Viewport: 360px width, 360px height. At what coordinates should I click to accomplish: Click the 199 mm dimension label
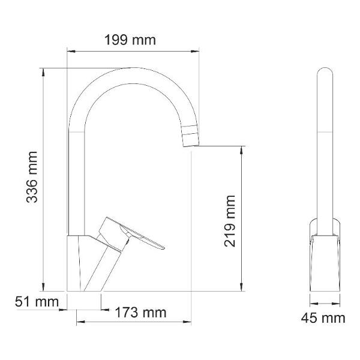pyautogui.click(x=130, y=40)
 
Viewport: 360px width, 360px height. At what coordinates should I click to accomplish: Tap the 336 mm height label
pyautogui.click(x=32, y=177)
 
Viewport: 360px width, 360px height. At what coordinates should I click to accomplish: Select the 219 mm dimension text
pyautogui.click(x=230, y=221)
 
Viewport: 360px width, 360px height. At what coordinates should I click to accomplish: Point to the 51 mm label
pyautogui.click(x=37, y=301)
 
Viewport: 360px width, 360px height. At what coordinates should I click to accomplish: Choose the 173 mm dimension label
pyautogui.click(x=140, y=313)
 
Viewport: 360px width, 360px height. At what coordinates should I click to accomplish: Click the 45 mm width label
pyautogui.click(x=323, y=318)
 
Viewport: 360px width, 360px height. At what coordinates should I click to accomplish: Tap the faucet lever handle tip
pyautogui.click(x=163, y=248)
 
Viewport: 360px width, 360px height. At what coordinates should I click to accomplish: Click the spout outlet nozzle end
pyautogui.click(x=191, y=146)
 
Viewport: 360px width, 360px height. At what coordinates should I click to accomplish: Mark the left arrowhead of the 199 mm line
pyautogui.click(x=71, y=52)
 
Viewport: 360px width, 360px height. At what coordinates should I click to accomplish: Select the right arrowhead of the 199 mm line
pyautogui.click(x=195, y=52)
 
